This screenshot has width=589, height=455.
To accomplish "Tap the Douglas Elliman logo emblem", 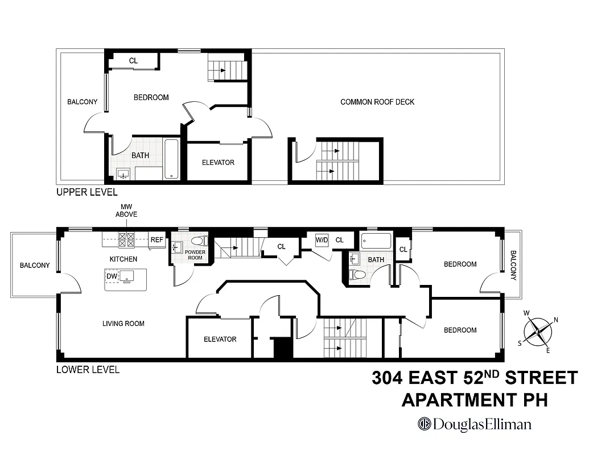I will click(x=425, y=424).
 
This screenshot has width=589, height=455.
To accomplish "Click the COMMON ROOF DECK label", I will click(x=377, y=102).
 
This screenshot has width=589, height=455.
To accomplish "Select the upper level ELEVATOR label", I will click(x=218, y=163).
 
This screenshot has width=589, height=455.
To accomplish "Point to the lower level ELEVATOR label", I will click(x=220, y=340).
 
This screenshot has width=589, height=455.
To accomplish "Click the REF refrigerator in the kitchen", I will click(x=156, y=240).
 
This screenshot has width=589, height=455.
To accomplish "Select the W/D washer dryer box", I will click(x=322, y=240).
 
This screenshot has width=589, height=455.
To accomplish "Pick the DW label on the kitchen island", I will click(x=112, y=276).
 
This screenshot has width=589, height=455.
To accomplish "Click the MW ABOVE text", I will click(x=126, y=210).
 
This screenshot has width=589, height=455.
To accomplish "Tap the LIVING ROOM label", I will click(x=123, y=324).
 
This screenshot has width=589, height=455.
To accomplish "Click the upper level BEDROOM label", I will click(x=151, y=97).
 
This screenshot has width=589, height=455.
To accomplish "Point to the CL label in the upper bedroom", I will click(x=133, y=61).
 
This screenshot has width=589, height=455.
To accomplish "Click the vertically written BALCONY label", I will click(x=513, y=266).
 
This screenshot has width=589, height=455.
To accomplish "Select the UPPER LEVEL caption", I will click(x=87, y=192).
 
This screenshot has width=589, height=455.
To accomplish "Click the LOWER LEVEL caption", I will click(x=88, y=370).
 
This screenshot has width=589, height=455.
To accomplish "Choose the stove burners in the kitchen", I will click(x=126, y=240).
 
